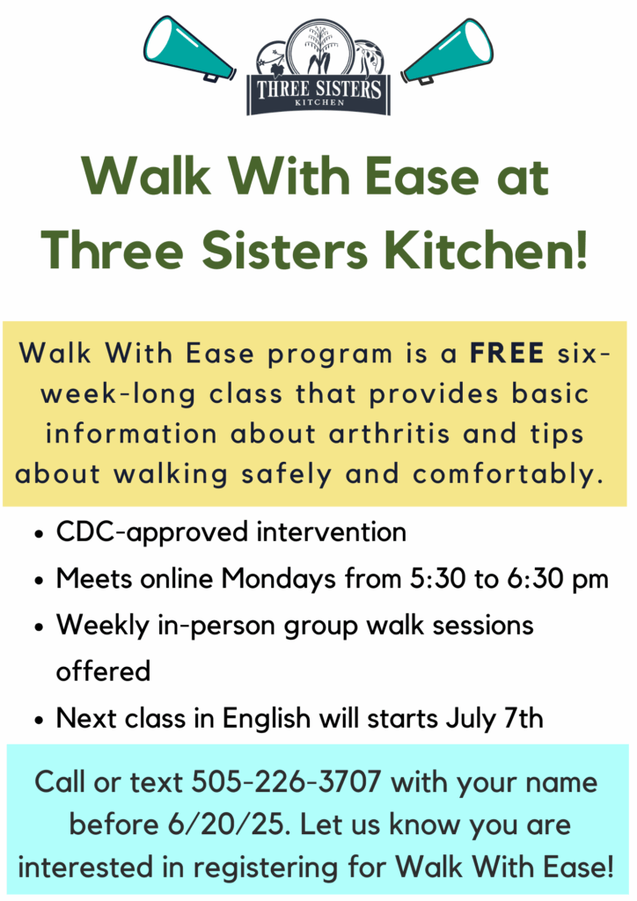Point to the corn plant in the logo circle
[319, 50]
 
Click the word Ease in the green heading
[422, 176]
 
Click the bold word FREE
[507, 353]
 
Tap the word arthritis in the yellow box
[390, 433]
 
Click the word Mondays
[279, 579]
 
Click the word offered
[104, 671]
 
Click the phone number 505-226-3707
[286, 782]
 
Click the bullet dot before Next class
[39, 720]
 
